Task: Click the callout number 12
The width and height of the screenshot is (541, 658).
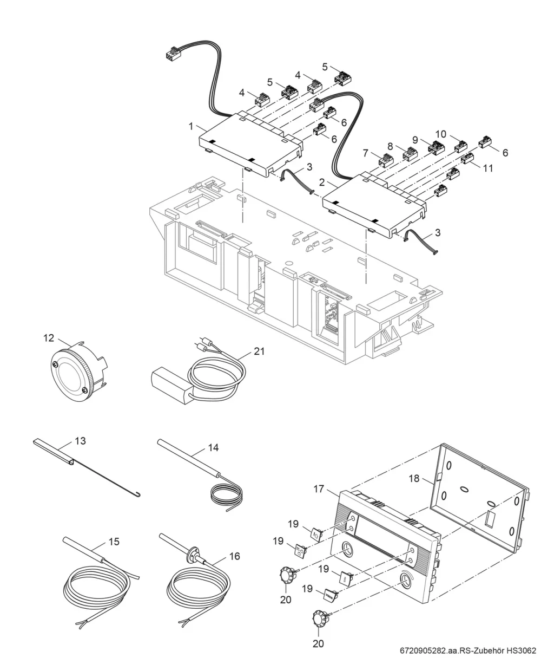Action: [x=49, y=338]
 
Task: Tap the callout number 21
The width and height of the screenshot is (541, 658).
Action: [x=259, y=351]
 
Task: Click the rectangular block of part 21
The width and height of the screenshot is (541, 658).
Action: [x=171, y=386]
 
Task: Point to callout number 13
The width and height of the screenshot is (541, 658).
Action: [x=80, y=441]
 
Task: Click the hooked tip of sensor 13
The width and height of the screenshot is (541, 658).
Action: [x=138, y=495]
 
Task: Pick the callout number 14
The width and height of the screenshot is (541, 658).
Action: [x=213, y=448]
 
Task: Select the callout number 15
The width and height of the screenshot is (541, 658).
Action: [x=114, y=542]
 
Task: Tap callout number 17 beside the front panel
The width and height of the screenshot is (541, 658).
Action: [x=319, y=488]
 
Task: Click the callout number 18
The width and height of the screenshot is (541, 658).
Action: [x=414, y=478]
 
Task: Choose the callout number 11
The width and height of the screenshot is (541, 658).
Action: [x=488, y=168]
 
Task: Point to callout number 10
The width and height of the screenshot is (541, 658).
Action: [x=441, y=134]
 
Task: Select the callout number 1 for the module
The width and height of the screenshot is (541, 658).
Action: [x=191, y=126]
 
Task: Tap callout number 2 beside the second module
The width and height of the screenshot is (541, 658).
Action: [x=322, y=182]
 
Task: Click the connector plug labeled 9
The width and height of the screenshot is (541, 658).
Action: [x=436, y=148]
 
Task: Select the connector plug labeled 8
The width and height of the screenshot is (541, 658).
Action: [x=411, y=153]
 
